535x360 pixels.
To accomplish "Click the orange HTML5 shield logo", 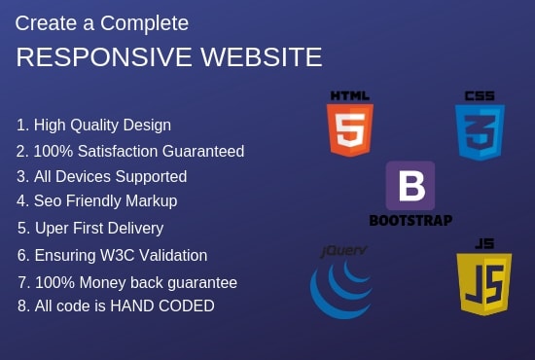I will click(350, 130).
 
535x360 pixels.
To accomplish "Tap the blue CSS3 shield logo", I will click(480, 132).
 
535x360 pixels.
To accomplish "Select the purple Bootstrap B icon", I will click(410, 186).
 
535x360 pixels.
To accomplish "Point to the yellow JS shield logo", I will click(483, 284).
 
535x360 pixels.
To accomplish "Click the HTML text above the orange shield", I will click(350, 95).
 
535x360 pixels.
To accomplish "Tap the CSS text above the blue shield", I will click(480, 95).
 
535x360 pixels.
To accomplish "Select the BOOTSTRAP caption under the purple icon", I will click(410, 220).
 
